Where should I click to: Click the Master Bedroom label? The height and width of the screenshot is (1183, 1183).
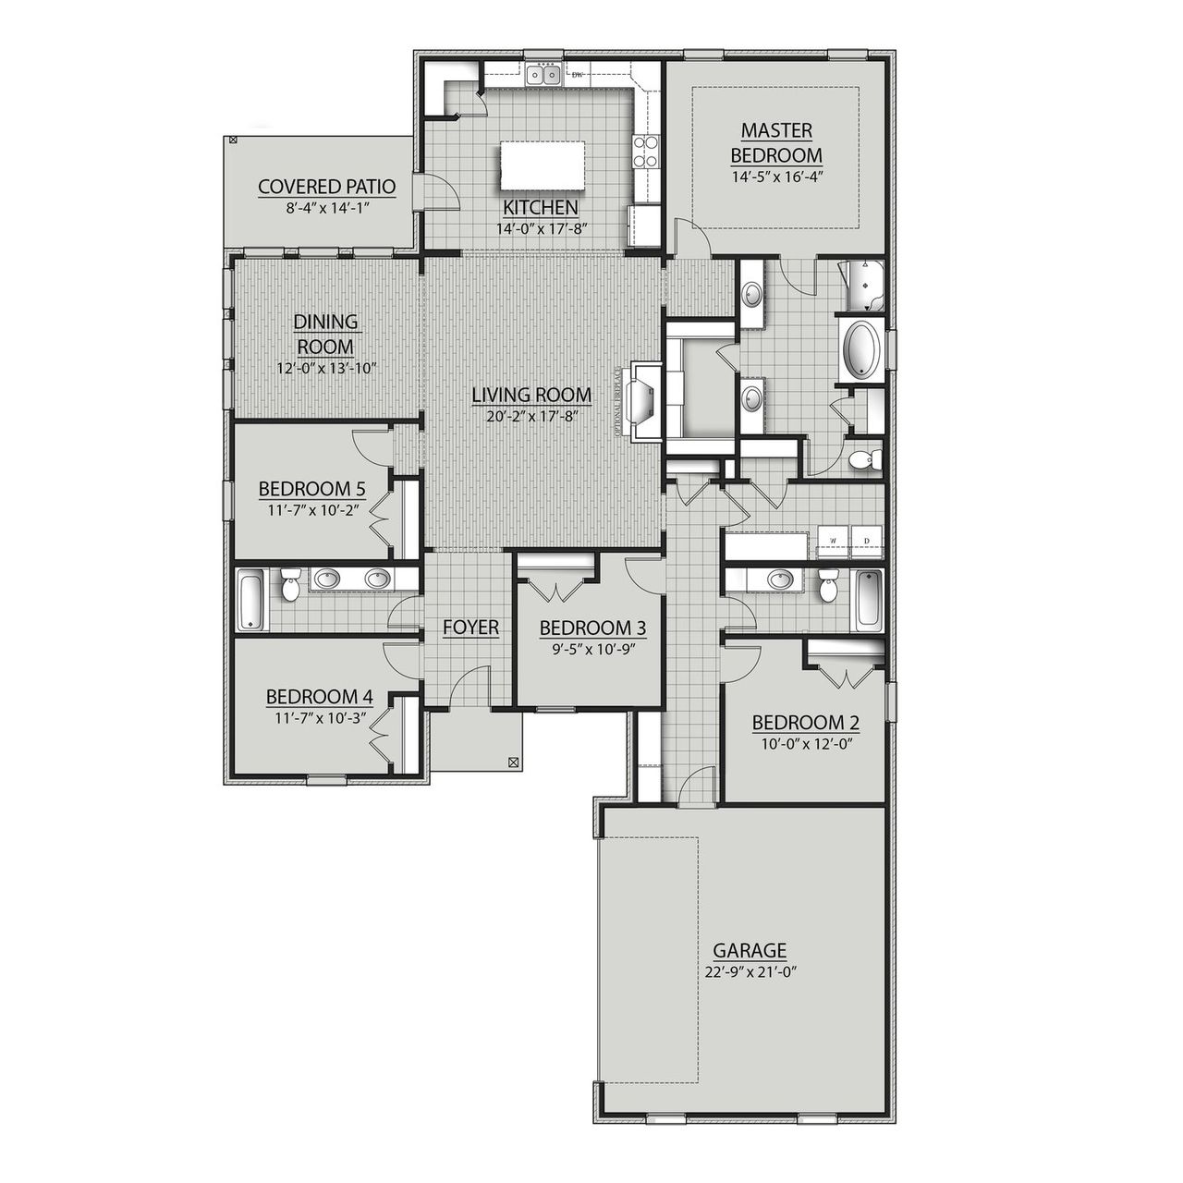pos(775,142)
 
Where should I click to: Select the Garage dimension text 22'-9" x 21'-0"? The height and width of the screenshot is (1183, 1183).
pos(750,971)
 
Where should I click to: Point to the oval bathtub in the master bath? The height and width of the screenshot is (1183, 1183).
pos(860,351)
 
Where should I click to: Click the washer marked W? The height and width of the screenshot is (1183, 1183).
pos(833,540)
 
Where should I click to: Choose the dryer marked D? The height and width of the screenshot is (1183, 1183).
pos(866,540)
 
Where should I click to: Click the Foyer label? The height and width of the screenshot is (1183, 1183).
pos(470,628)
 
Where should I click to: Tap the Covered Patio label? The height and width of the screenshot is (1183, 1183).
pos(326,187)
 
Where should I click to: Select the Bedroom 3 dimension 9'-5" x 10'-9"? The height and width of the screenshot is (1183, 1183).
pos(592,648)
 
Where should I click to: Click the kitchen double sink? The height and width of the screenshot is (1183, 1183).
pos(543,75)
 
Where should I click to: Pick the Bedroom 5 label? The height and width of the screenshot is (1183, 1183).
pos(305,488)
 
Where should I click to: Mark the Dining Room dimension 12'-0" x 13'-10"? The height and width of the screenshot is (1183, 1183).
pos(325,368)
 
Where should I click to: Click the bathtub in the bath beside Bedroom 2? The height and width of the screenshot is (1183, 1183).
pos(869,601)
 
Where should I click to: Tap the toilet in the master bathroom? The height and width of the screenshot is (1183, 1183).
pos(864,459)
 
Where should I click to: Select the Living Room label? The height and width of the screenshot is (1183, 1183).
pos(531,396)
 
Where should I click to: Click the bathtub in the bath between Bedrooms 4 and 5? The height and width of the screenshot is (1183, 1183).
pos(251,600)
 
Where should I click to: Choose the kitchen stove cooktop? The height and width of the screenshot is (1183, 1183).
pos(645,152)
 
